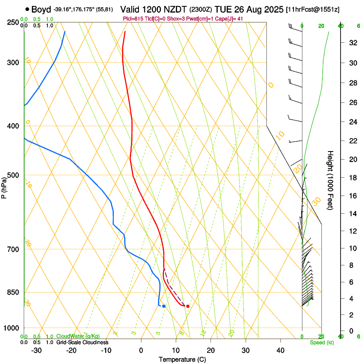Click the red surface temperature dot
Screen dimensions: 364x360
tap(188, 306)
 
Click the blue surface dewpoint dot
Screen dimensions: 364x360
tap(164, 306)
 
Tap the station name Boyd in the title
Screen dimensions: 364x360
tap(41, 9)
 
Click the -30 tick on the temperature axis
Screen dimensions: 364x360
tap(36, 350)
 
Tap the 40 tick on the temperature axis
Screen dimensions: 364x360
tap(280, 350)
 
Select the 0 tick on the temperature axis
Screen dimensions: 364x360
tap(141, 350)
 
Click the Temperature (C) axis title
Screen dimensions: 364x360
tap(182, 360)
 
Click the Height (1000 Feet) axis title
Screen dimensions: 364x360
tap(331, 180)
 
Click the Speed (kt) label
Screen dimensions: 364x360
tap(321, 342)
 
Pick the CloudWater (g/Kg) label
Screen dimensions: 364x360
tap(78, 336)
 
